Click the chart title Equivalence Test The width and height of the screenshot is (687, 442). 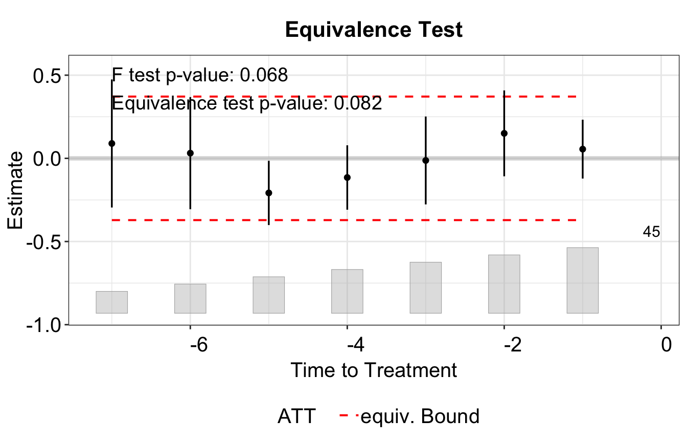[x=374, y=30]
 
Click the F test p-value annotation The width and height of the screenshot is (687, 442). [x=200, y=75]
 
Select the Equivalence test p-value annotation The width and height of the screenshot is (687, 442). [x=247, y=103]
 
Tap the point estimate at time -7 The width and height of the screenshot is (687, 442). [x=112, y=143]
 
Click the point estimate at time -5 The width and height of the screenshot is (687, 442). [x=269, y=193]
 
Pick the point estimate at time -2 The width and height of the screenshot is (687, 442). [x=504, y=133]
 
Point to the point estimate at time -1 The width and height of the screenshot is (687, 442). [x=583, y=149]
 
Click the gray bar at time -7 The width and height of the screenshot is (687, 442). [x=111, y=302]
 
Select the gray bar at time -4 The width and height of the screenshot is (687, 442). [x=347, y=291]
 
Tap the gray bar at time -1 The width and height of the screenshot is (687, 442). [x=583, y=280]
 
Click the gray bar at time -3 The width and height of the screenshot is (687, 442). [x=426, y=288]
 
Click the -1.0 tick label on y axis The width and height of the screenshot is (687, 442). [x=43, y=325]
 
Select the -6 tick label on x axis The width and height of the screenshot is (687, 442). [x=199, y=345]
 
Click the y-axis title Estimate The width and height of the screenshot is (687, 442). [x=15, y=190]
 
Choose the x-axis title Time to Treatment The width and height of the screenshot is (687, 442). [x=374, y=370]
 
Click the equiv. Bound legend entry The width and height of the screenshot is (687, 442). [x=409, y=416]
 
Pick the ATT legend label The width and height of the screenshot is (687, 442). [x=296, y=416]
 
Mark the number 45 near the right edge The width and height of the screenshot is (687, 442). [x=651, y=232]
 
